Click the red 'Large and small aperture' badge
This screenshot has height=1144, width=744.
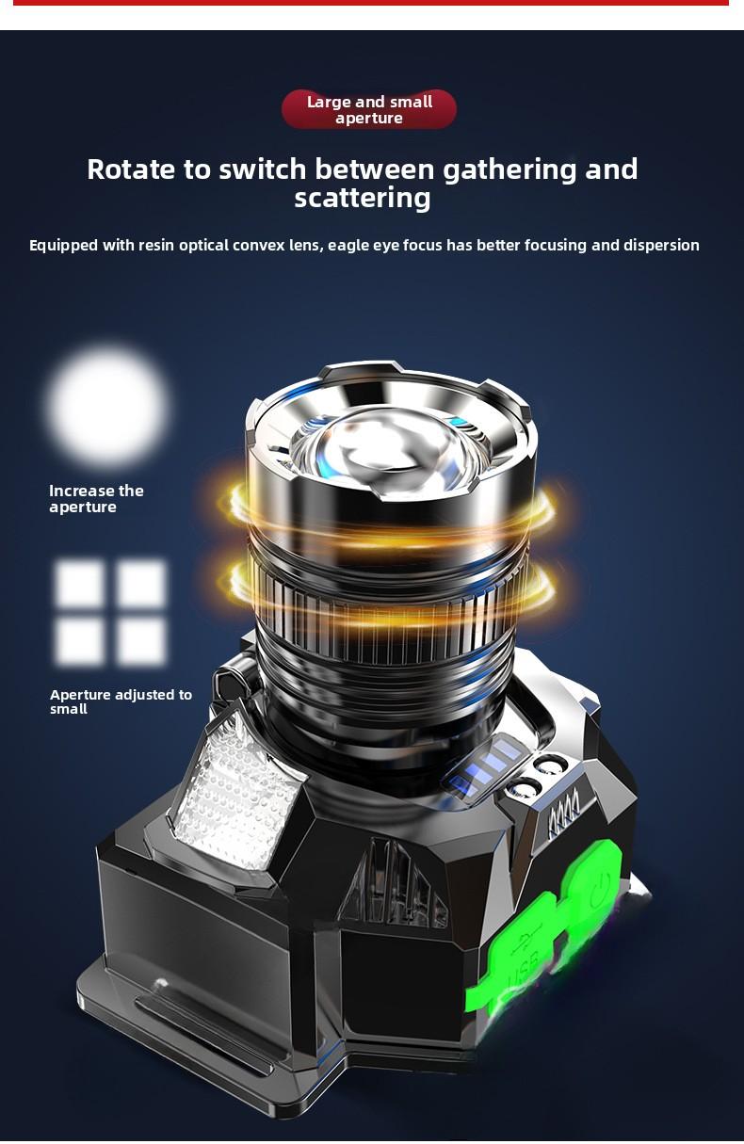[x=369, y=110]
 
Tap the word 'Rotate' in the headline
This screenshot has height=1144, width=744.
[x=130, y=169]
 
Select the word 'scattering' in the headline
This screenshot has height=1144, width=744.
[x=363, y=199]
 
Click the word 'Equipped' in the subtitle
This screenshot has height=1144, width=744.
[x=63, y=246]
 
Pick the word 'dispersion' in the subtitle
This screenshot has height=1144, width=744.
[x=660, y=246]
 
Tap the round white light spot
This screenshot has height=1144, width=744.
[x=107, y=405]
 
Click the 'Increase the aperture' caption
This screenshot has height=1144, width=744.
[x=96, y=499]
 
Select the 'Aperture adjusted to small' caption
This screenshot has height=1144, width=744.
[x=121, y=701]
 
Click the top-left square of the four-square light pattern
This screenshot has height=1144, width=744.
[x=80, y=584]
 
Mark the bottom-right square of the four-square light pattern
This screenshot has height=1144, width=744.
[x=141, y=642]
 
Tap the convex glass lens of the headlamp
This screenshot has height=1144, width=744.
[x=391, y=452]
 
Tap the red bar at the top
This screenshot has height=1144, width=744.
[x=371, y=3]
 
